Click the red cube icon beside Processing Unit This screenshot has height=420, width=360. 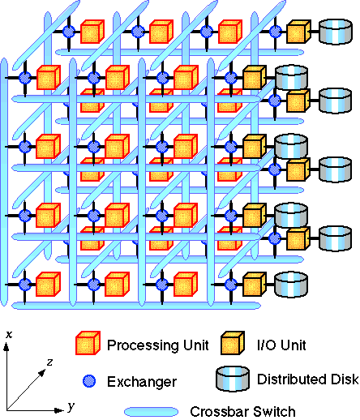(88, 343)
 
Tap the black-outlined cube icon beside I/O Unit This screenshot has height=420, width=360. (233, 343)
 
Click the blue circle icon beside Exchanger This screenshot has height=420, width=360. (89, 381)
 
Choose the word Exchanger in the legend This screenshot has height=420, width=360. (142, 382)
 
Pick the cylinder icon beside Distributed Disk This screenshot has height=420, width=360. (233, 379)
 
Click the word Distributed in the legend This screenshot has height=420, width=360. (294, 379)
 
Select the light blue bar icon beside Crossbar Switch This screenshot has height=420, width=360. (151, 412)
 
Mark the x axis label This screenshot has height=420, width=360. (9, 335)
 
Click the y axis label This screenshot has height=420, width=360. (71, 406)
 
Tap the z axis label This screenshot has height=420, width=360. (49, 362)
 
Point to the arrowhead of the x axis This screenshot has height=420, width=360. (6, 346)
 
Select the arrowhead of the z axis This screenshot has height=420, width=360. (42, 373)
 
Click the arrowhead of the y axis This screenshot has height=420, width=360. (59, 410)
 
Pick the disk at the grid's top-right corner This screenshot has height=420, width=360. (336, 32)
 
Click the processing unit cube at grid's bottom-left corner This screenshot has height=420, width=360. (48, 284)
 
